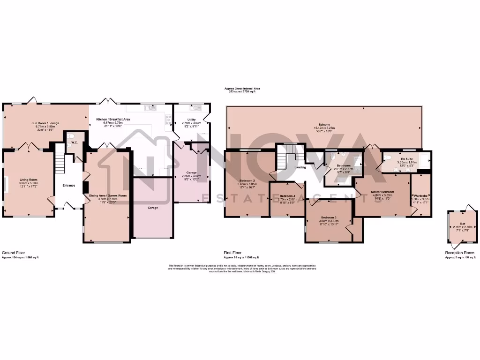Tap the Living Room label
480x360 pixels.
coord(28,180)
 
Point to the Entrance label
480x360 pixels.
coord(69,186)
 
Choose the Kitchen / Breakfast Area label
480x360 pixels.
coord(113,120)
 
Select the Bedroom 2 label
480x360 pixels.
coord(247,180)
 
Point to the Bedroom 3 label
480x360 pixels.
coord(329,217)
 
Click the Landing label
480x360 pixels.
coord(300,167)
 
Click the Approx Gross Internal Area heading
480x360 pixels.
coord(241,88)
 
